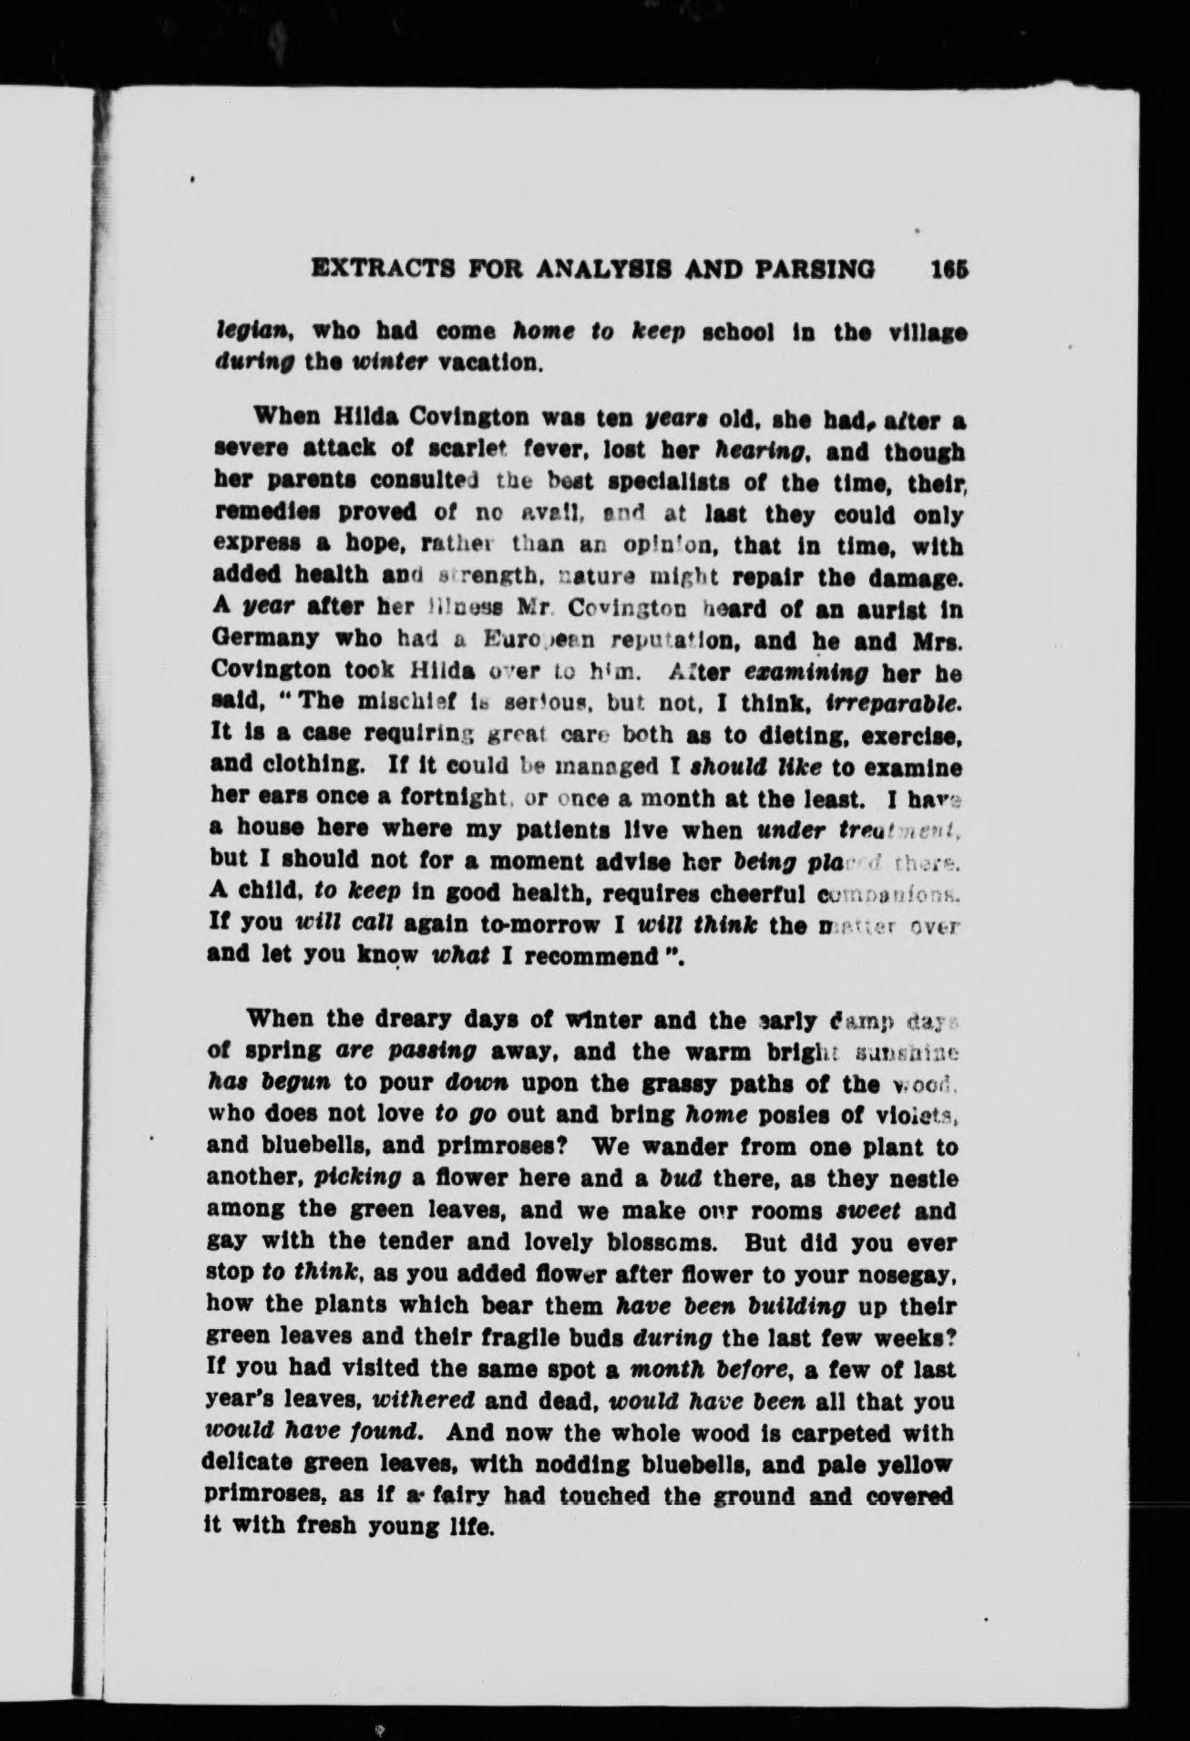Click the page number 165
948,270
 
